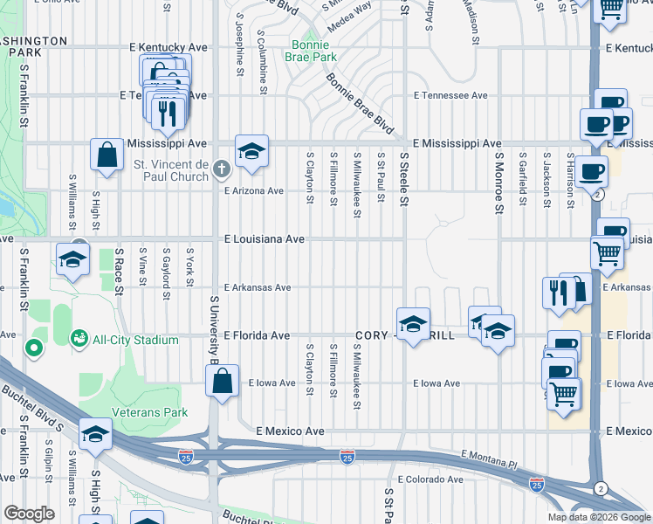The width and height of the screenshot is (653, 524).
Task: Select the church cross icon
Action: point(222,168)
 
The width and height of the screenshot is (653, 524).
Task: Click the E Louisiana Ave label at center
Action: point(264,238)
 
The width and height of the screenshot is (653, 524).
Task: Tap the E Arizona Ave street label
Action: point(254,190)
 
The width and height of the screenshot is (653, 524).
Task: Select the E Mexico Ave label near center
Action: point(290,431)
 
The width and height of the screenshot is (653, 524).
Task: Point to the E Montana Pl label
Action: point(489,456)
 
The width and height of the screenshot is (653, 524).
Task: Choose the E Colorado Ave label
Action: point(430,479)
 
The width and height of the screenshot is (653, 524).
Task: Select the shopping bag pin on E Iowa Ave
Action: point(222,381)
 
